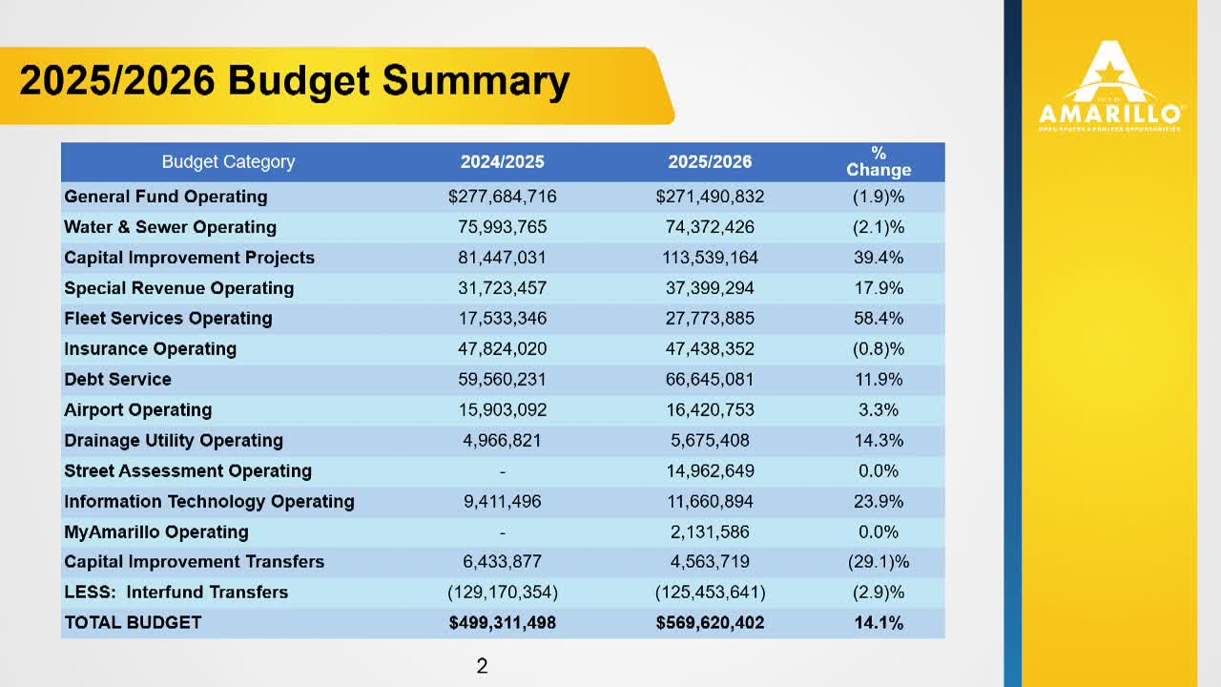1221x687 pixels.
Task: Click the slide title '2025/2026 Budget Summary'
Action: tap(295, 80)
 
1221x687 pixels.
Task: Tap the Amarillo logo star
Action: tap(1111, 69)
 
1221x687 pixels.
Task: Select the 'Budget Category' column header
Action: tap(228, 162)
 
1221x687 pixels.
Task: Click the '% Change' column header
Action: tap(879, 162)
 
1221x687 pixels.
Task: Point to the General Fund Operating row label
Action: tap(166, 197)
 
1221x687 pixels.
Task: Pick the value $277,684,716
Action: tap(502, 197)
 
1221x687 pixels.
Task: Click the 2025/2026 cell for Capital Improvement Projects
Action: tap(710, 258)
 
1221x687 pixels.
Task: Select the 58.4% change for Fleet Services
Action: tap(879, 318)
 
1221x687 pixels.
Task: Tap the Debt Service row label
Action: tap(118, 379)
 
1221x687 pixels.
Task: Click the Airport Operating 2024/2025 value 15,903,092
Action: tap(502, 409)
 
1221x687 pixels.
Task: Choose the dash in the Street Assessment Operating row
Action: tap(502, 470)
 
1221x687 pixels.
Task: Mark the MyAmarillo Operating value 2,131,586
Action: tap(710, 531)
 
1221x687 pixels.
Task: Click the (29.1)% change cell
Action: tap(879, 562)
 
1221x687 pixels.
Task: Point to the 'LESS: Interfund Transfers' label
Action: tap(176, 593)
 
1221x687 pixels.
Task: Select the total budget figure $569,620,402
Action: tap(710, 623)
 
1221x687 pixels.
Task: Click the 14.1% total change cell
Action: tap(879, 623)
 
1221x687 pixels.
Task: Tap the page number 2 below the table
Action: tap(482, 666)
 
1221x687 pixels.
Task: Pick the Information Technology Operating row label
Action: tap(210, 501)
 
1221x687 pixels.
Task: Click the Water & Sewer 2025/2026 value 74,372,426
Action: tap(710, 227)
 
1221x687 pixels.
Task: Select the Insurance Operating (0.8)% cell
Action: tap(879, 348)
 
